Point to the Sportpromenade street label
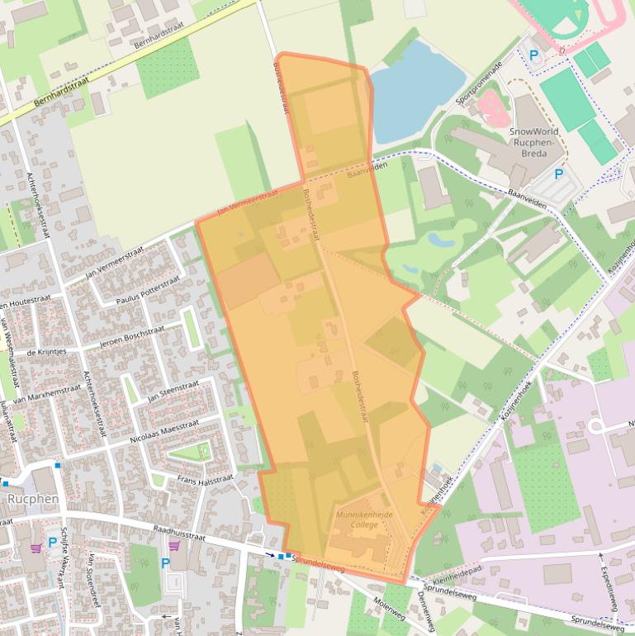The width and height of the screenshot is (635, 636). click(480, 83)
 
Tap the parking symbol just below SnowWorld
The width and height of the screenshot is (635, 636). click(558, 174)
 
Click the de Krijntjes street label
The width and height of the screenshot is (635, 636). click(45, 353)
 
